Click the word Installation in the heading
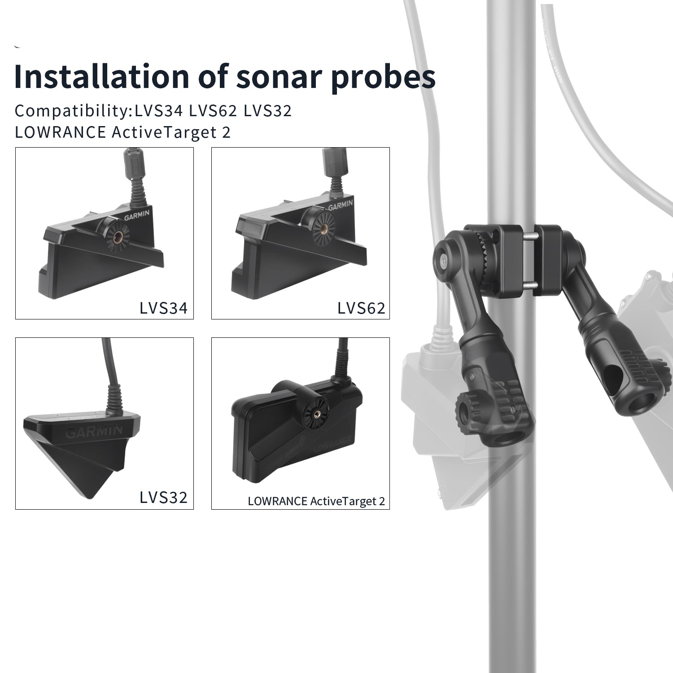(x=101, y=77)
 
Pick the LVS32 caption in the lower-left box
(x=163, y=497)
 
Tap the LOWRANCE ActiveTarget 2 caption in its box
(x=316, y=501)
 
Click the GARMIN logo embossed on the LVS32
(x=94, y=432)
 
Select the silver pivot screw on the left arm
(x=443, y=260)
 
